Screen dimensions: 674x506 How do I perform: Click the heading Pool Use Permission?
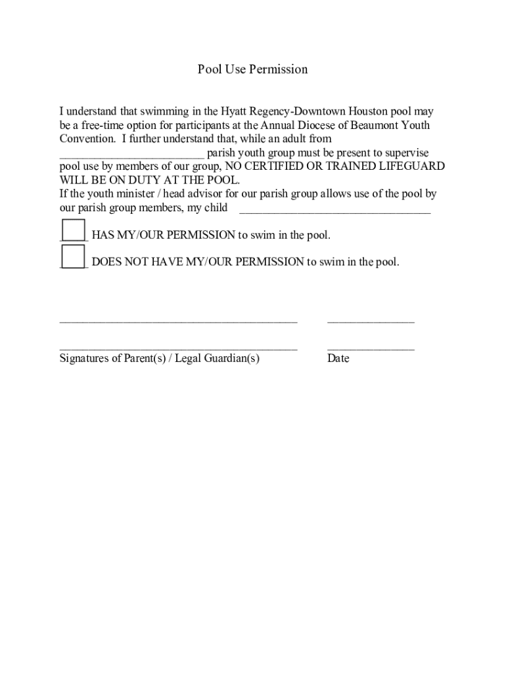(x=252, y=69)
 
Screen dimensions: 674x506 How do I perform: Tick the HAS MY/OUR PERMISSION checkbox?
(x=73, y=230)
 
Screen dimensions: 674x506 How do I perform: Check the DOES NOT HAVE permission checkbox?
(x=73, y=256)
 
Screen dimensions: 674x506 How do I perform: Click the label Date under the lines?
(x=338, y=359)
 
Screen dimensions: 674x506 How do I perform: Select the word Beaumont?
(x=372, y=125)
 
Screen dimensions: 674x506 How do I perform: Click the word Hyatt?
(x=235, y=112)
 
